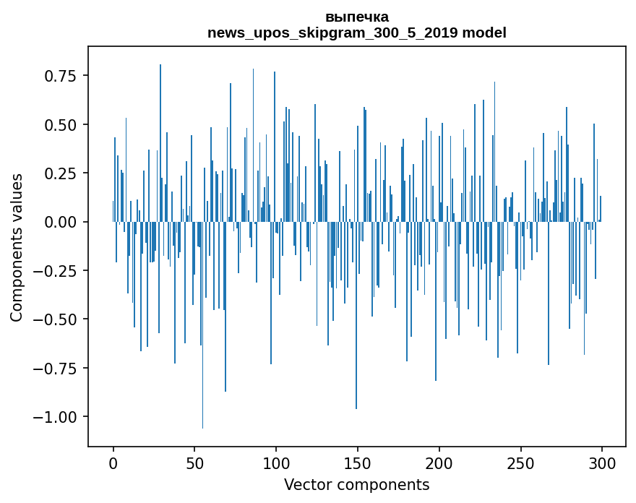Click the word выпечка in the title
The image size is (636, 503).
click(x=356, y=17)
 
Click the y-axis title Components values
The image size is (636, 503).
click(x=17, y=247)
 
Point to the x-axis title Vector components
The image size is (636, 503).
click(x=356, y=485)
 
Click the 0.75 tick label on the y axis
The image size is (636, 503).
click(x=61, y=76)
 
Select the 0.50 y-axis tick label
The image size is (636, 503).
click(x=61, y=124)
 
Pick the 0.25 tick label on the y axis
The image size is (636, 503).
click(x=61, y=173)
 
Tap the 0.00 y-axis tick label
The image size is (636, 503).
click(x=61, y=222)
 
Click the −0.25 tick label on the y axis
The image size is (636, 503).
click(x=56, y=270)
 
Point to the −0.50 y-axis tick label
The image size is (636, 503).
click(x=56, y=319)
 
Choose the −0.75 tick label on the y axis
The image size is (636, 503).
click(x=56, y=368)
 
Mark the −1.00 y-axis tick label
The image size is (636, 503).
click(x=56, y=417)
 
